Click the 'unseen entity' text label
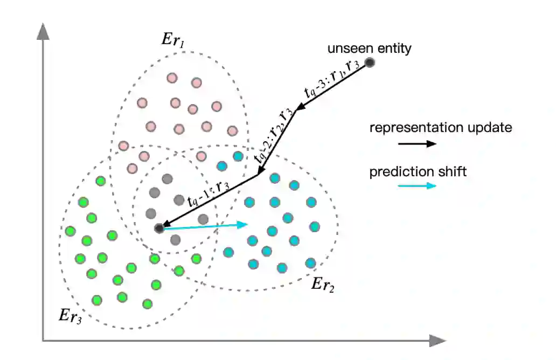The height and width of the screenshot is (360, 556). point(369,49)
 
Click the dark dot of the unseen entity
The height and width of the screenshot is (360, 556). point(370,63)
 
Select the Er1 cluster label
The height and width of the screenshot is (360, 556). point(173,39)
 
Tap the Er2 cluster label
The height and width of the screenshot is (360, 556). point(323,285)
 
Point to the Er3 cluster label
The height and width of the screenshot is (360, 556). point(71,316)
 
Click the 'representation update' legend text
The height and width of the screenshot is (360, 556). point(440,128)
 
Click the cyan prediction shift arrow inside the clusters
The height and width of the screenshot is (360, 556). point(205,226)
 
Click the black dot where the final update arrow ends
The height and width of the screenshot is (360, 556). point(159,229)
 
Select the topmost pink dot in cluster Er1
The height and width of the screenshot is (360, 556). point(172,78)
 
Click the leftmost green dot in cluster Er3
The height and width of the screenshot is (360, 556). point(70,231)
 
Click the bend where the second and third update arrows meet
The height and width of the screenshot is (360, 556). point(258,174)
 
